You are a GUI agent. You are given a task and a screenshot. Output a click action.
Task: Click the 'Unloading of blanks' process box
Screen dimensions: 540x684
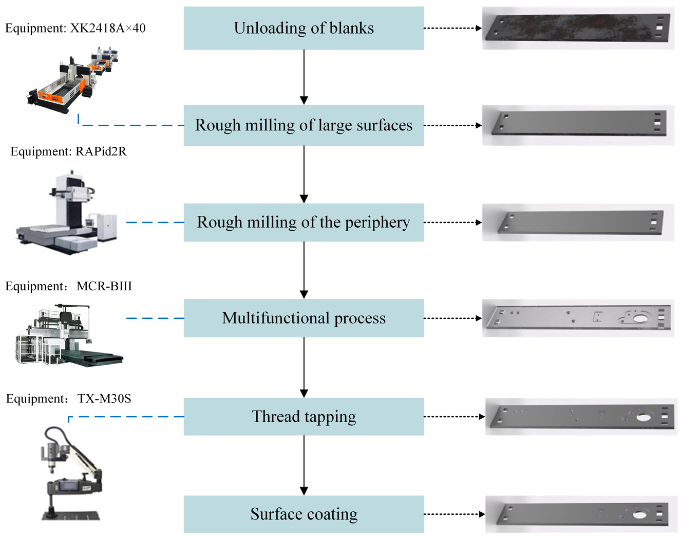click(304, 28)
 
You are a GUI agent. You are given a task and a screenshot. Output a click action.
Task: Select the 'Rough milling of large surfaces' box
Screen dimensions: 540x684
click(304, 125)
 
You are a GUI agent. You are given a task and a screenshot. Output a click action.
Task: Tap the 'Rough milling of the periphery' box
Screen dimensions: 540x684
click(304, 222)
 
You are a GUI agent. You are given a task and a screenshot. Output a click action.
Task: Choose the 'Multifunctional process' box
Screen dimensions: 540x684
click(304, 318)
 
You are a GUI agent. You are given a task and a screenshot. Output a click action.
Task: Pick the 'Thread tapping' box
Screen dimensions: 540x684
click(304, 416)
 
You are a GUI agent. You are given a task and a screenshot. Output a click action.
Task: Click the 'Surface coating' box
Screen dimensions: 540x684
click(304, 514)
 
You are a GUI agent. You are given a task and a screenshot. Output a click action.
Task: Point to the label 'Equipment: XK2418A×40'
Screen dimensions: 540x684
click(75, 28)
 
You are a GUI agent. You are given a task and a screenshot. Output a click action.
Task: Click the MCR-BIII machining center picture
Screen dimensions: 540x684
click(68, 335)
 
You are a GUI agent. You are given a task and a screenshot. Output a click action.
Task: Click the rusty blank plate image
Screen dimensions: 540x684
click(578, 28)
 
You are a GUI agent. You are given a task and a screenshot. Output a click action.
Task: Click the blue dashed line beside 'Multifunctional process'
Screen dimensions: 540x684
click(155, 318)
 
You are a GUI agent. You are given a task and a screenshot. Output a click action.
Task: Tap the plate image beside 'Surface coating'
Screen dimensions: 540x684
click(582, 514)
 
